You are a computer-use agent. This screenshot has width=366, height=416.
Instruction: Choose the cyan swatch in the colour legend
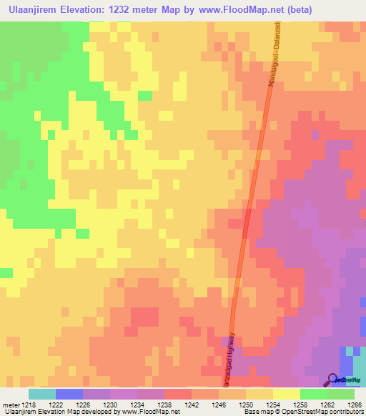42,394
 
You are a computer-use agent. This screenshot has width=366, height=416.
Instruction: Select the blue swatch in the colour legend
69,394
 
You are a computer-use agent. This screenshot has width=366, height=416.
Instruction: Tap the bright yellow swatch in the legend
286,394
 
